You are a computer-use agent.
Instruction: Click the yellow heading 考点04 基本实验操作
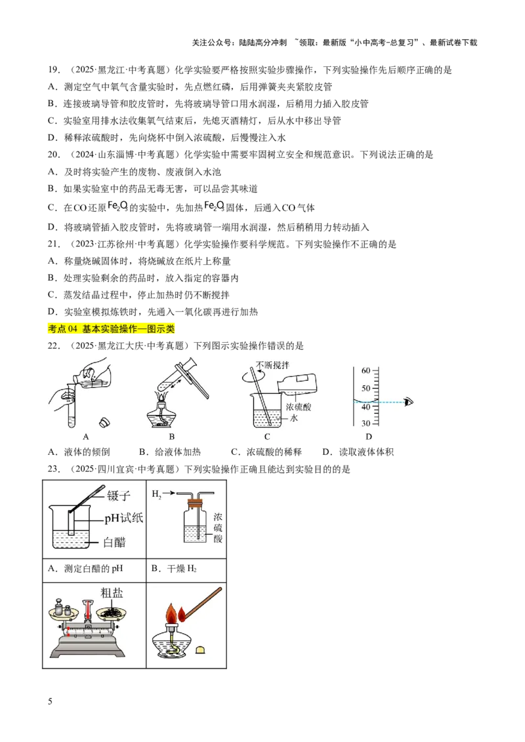pyautogui.click(x=112, y=329)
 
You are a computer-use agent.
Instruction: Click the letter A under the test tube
pyautogui.click(x=85, y=437)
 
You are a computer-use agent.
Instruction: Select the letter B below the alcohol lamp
pyautogui.click(x=172, y=437)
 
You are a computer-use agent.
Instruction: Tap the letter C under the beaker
pyautogui.click(x=267, y=437)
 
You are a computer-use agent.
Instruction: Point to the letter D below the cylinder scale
pyautogui.click(x=368, y=437)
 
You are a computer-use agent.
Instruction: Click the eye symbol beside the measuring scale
pyautogui.click(x=410, y=402)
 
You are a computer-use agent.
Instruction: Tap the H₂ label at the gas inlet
pyautogui.click(x=156, y=493)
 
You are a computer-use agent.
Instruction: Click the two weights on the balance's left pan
pyautogui.click(x=62, y=608)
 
